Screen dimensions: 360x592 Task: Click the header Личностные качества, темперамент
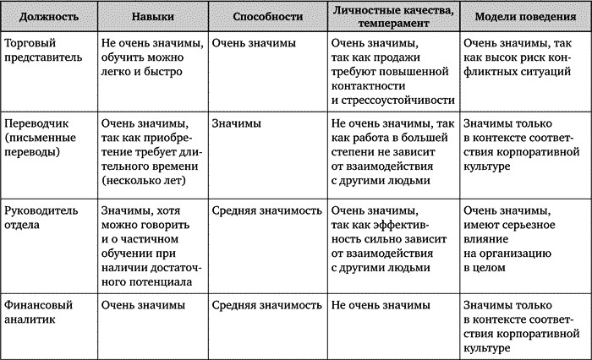pyautogui.click(x=392, y=18)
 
